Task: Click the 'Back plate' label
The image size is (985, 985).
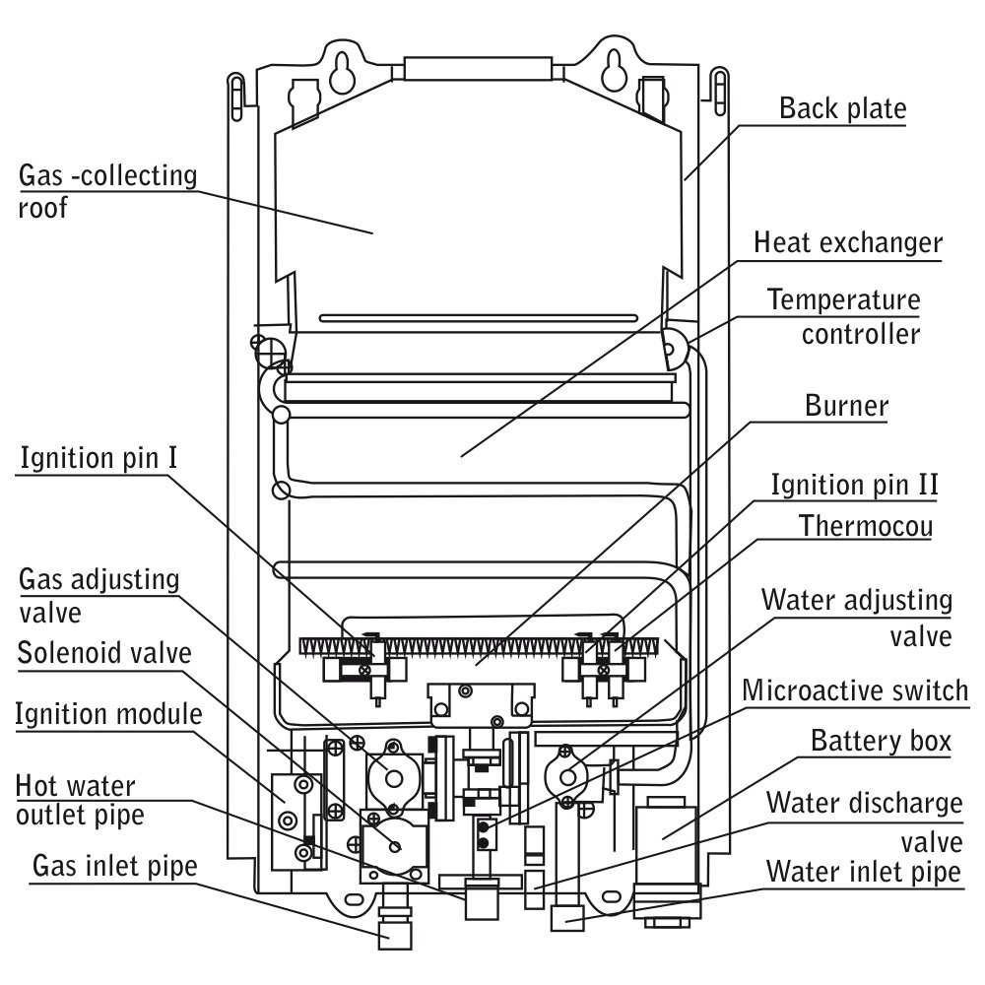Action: point(843,108)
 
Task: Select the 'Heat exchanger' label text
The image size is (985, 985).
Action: point(848,242)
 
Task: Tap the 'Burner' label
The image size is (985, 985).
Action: point(847,406)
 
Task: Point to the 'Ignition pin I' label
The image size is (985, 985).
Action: point(98,458)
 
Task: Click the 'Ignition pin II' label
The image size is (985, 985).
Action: point(854,485)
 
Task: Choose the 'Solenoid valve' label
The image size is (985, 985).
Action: point(104,653)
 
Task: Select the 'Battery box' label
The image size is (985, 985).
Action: point(882,741)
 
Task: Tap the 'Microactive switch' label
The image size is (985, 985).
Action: point(855,690)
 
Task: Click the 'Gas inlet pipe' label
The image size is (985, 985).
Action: point(115,866)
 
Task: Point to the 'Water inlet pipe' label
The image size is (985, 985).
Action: point(864,872)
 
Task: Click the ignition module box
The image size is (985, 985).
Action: point(295,821)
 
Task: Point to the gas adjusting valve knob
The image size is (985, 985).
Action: point(394,779)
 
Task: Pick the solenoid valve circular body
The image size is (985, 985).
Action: point(395,845)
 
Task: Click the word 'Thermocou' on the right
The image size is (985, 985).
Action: point(866,526)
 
